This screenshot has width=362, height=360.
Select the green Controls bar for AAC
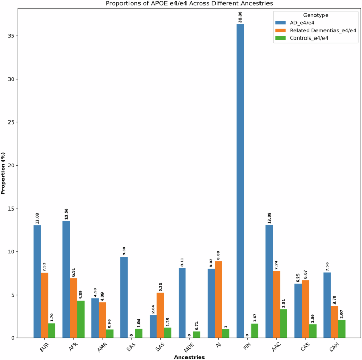point(284,324)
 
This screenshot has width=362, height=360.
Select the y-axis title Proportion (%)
point(4,175)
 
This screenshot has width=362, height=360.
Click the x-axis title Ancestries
point(182,357)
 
